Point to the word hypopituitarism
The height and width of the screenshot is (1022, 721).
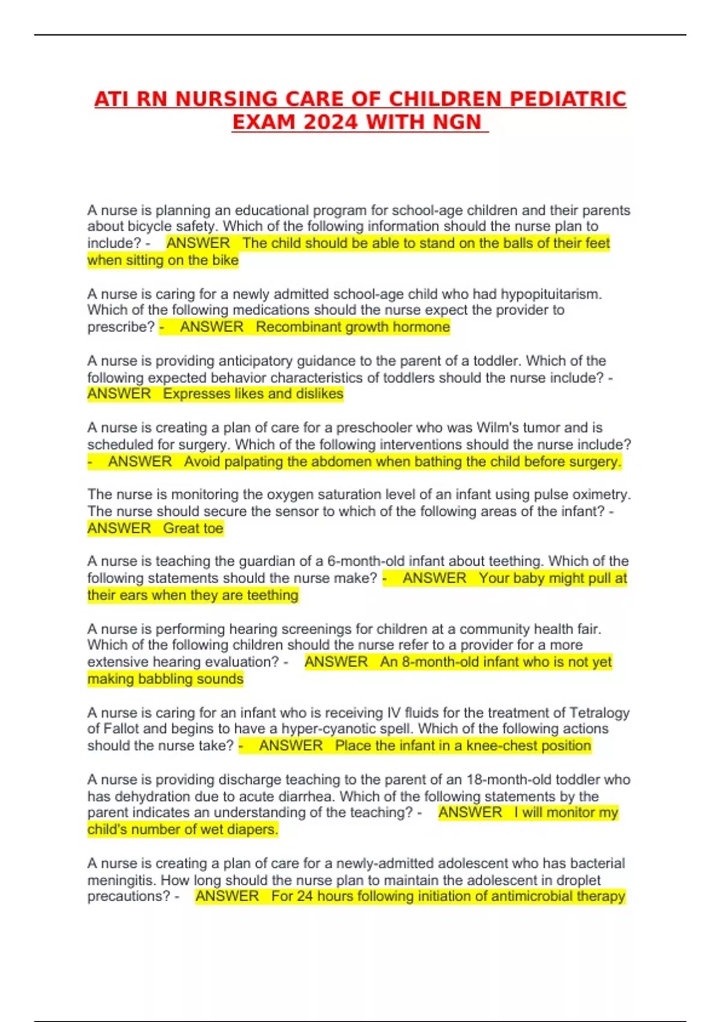550,294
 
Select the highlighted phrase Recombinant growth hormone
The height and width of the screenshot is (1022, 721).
353,327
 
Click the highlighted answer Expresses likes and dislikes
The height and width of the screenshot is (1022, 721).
253,394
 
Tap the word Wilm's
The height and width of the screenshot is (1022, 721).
499,427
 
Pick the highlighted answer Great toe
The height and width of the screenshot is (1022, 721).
193,528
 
